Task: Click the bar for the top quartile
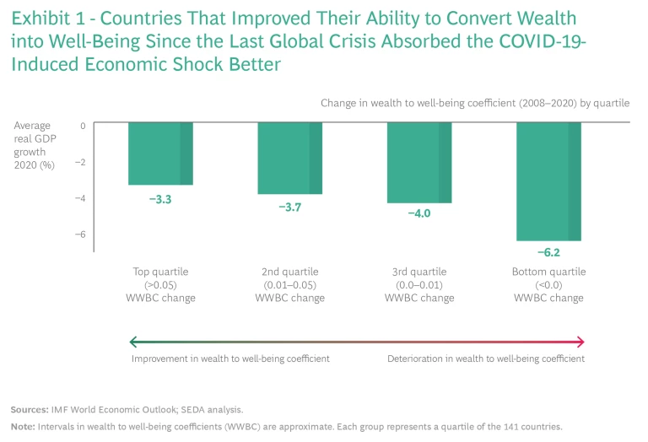[160, 154]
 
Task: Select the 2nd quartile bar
[289, 158]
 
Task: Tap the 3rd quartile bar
[418, 162]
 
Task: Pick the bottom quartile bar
[548, 181]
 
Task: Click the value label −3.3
[160, 198]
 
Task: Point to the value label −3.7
[289, 208]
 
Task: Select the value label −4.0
[418, 214]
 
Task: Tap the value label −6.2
[548, 253]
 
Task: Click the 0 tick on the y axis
[83, 125]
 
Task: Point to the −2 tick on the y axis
[80, 161]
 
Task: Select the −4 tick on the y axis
[80, 198]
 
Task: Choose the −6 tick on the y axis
[80, 234]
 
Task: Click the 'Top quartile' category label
[160, 272]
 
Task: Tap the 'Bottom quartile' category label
[548, 272]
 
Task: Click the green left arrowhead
[133, 342]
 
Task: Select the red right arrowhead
[580, 342]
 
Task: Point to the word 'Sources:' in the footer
[29, 409]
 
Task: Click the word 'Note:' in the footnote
[23, 426]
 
